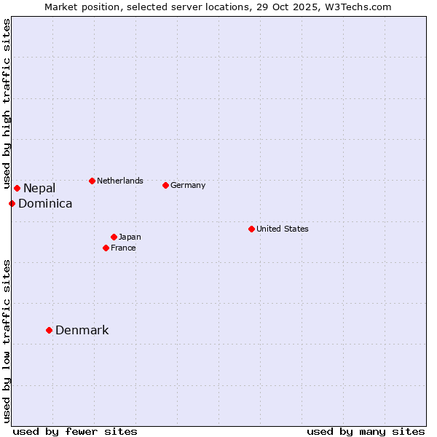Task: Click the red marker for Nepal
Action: point(17,189)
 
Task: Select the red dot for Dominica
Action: point(12,203)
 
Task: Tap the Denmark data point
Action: point(49,331)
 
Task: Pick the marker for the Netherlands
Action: point(92,181)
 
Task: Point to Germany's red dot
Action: point(165,185)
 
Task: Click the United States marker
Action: point(251,229)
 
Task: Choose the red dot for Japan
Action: point(114,237)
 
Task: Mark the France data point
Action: point(106,248)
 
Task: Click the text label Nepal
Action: point(39,189)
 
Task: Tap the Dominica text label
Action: point(45,204)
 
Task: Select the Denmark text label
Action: point(82,331)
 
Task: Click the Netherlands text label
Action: point(120,181)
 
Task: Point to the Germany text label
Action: point(188,185)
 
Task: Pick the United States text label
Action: point(283,229)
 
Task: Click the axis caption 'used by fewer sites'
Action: point(75,431)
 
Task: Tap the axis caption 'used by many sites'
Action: point(366,431)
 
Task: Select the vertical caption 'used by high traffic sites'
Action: point(7,103)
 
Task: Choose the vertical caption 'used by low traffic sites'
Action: point(7,341)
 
